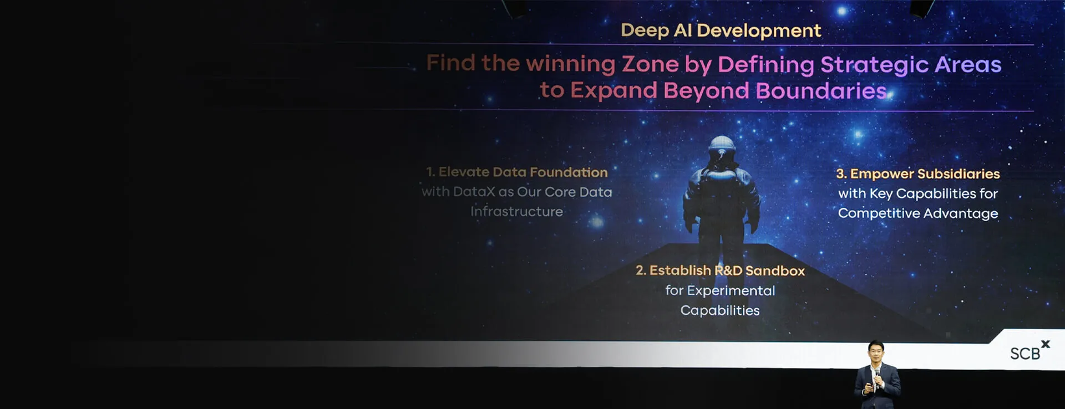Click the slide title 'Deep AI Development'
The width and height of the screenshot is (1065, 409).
(x=721, y=30)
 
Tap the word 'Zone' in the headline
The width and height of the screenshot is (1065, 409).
(x=650, y=64)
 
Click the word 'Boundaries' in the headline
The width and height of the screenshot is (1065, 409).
(x=821, y=91)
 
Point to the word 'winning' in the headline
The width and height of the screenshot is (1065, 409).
(x=570, y=64)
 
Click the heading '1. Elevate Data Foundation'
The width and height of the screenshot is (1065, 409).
(x=516, y=172)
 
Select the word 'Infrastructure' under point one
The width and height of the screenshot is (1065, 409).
(x=516, y=212)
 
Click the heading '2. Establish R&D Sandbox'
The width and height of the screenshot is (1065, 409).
(x=720, y=270)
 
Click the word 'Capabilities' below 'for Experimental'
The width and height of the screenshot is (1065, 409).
(x=720, y=310)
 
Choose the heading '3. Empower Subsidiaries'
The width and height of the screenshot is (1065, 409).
(x=918, y=174)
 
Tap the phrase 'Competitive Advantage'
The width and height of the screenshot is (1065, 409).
(x=918, y=213)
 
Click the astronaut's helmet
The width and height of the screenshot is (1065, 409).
(x=722, y=149)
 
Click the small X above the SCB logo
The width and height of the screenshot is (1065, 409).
(x=1046, y=344)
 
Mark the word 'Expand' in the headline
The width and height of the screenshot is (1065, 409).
(x=613, y=91)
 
